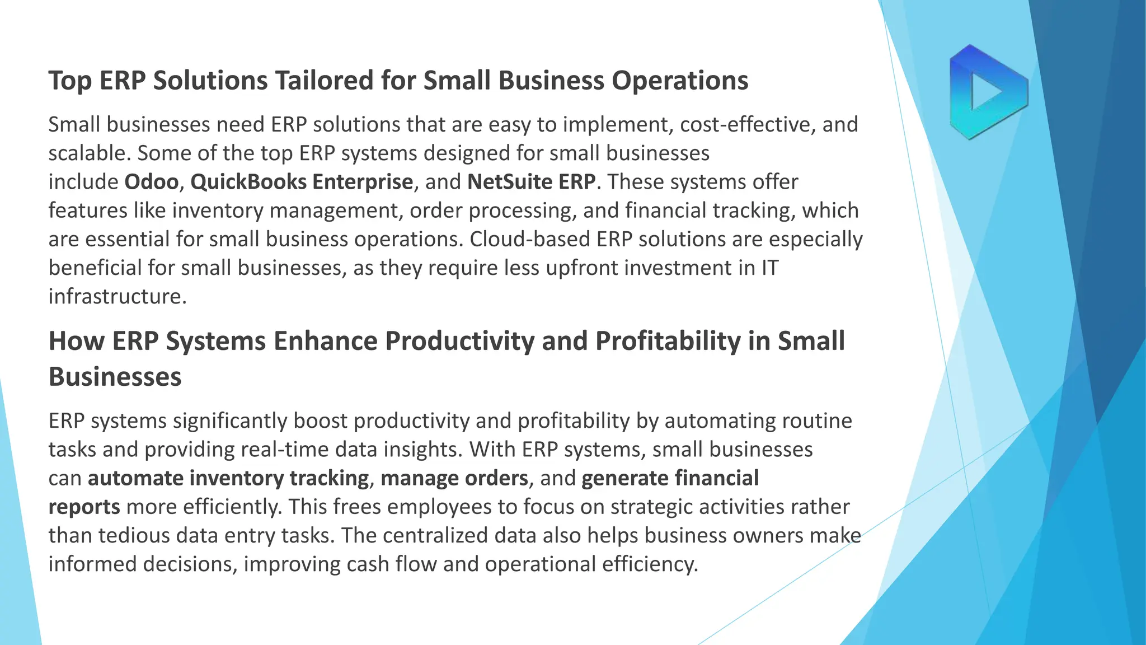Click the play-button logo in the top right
point(988,92)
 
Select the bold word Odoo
point(151,182)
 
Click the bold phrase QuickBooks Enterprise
point(302,182)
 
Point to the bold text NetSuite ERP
point(532,182)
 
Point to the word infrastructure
point(117,297)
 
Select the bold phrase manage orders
point(454,479)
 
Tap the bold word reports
point(84,507)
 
